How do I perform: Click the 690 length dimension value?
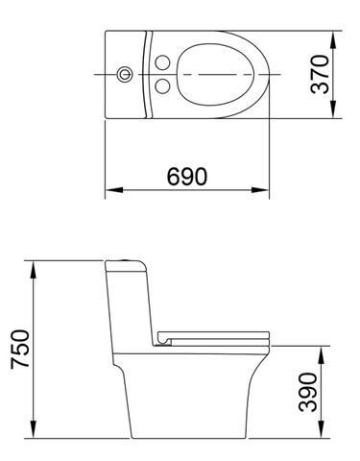(x=186, y=177)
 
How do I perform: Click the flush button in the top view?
(x=123, y=74)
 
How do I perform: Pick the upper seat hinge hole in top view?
(x=163, y=62)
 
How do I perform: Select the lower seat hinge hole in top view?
(x=163, y=86)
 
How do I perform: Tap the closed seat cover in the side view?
(x=216, y=334)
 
